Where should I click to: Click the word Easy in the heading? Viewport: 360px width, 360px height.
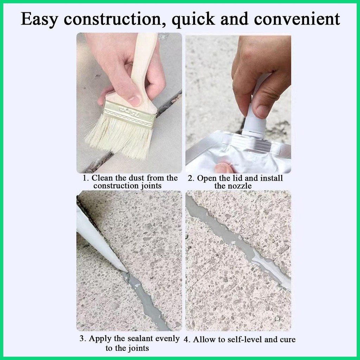[39, 19]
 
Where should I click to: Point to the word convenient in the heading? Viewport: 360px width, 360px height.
[297, 19]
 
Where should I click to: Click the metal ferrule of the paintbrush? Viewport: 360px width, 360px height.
[129, 114]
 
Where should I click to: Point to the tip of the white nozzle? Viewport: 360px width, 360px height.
[126, 271]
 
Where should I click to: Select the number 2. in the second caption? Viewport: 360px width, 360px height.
[191, 178]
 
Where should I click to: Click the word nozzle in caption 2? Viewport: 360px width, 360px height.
[241, 186]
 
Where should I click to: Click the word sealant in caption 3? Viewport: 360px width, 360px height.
[140, 339]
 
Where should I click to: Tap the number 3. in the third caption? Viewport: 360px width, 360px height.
[83, 339]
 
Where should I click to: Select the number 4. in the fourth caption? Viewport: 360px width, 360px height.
[187, 340]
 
